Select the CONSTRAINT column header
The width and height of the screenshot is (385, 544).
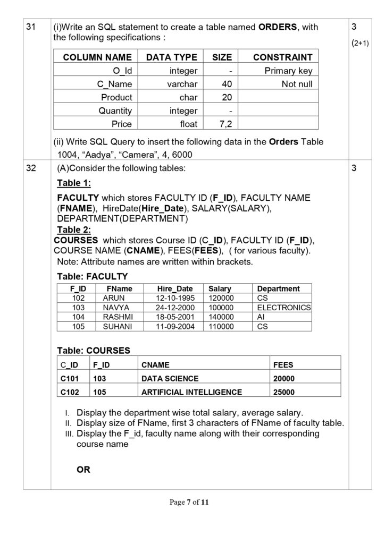(282, 57)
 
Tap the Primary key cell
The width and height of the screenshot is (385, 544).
(289, 71)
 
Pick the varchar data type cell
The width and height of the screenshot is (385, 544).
(183, 84)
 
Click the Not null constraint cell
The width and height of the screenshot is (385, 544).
(297, 84)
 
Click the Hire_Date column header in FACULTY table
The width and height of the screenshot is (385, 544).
(175, 289)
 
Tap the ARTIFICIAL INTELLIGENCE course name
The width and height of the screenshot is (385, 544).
(191, 392)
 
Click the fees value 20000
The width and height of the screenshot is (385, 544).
(284, 379)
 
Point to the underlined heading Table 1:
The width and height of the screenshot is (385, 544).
(74, 184)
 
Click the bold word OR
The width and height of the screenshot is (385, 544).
(83, 470)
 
